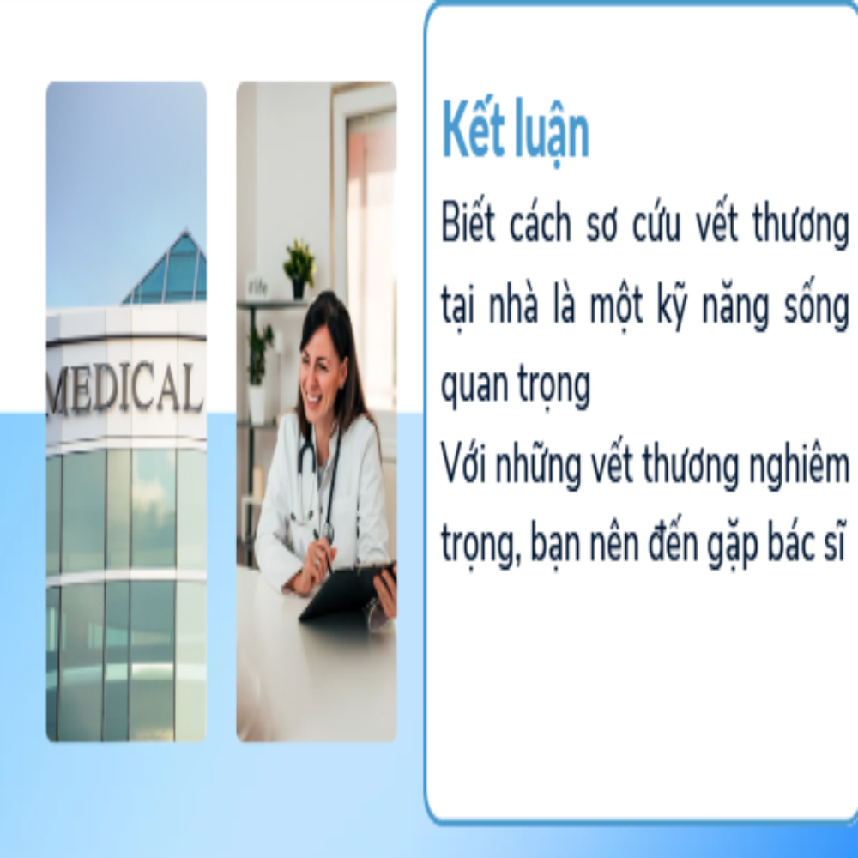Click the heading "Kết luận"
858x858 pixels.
(x=515, y=131)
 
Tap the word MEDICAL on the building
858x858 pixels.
(x=125, y=388)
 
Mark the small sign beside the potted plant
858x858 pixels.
(x=257, y=287)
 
